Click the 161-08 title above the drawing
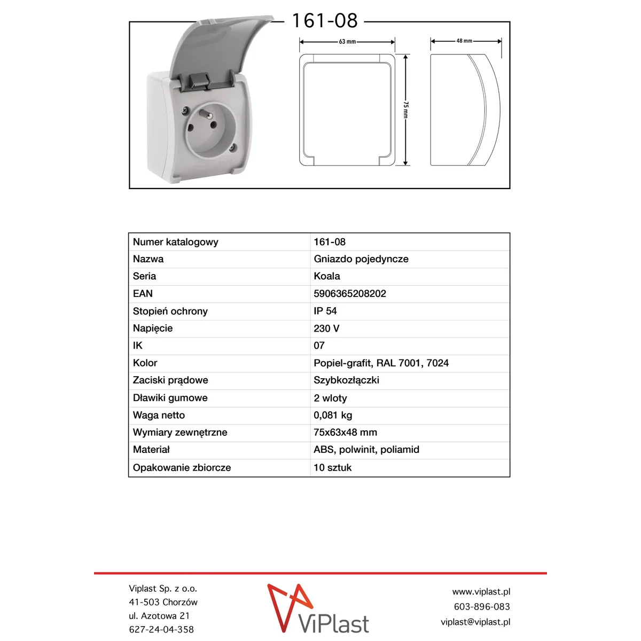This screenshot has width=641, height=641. click(324, 21)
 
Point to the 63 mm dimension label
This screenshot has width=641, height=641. click(347, 42)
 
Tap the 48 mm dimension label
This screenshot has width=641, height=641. click(464, 41)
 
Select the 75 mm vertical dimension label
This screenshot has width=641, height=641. click(405, 110)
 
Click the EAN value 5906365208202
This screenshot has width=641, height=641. click(349, 294)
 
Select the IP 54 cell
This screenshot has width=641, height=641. click(325, 311)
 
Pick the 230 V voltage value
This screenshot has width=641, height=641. click(326, 329)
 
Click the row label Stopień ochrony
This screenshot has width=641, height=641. click(170, 311)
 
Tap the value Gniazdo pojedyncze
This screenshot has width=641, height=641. click(361, 259)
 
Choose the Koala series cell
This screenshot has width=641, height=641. click(326, 276)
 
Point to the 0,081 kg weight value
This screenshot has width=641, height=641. click(332, 415)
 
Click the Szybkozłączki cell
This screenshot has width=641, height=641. click(346, 380)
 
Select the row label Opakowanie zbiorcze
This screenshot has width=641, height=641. click(182, 467)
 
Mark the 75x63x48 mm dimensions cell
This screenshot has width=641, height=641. click(345, 433)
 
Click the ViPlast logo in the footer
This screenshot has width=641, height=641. click(318, 609)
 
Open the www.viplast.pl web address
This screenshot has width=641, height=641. click(481, 592)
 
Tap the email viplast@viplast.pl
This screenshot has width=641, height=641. click(475, 622)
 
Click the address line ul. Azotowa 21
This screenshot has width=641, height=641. click(159, 616)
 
